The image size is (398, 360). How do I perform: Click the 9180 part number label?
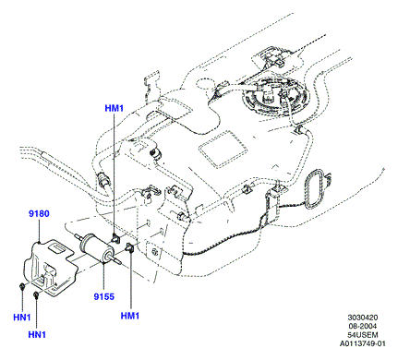tap(39, 213)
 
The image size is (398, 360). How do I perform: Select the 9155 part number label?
tap(104, 296)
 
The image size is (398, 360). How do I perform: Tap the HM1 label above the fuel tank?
tap(115, 108)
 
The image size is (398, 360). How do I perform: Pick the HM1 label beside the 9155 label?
tap(130, 316)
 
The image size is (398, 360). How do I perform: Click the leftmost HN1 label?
tap(22, 318)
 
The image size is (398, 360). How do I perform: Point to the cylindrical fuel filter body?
tap(94, 247)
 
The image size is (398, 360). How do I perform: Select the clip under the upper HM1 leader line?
tap(115, 238)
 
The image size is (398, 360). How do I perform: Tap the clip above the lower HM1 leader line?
tap(129, 247)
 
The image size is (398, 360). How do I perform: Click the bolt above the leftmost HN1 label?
tap(22, 287)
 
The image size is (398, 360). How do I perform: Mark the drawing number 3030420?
tap(363, 318)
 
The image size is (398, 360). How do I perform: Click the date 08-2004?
tap(363, 326)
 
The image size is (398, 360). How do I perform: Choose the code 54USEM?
tap(363, 335)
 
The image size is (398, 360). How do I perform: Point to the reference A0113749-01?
tap(363, 343)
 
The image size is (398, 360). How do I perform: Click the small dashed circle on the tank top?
tap(206, 83)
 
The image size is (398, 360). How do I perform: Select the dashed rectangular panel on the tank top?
tap(223, 149)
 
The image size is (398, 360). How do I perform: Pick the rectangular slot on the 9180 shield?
tap(57, 247)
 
